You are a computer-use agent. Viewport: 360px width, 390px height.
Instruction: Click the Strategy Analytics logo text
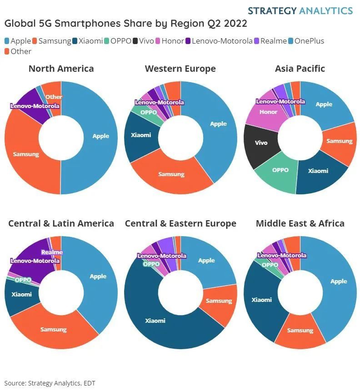pos(300,10)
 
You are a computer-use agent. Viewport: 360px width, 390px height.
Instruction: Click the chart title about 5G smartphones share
pos(126,24)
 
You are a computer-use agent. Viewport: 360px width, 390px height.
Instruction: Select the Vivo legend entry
pos(143,41)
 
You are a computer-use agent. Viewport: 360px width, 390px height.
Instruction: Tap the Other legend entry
pos(18,51)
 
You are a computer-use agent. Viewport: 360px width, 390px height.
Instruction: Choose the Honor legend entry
pos(169,41)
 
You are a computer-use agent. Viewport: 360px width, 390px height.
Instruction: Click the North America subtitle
pos(61,69)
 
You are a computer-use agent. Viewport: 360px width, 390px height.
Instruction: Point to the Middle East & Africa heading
pos(300,223)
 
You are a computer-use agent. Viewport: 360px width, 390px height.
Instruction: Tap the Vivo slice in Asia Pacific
pos(261,143)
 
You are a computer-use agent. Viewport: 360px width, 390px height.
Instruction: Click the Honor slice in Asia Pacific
pos(268,112)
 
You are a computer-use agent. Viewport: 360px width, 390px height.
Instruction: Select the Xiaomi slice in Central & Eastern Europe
pos(155,321)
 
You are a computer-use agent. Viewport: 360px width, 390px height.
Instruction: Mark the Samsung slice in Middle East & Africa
pos(300,331)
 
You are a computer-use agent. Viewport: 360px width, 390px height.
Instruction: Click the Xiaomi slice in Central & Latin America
pos(21,294)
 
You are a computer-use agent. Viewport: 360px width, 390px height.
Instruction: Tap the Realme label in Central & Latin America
pos(51,252)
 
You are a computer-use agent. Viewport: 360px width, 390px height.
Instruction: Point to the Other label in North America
pos(54,97)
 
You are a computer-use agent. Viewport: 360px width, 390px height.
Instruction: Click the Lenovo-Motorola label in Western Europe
pos(159,103)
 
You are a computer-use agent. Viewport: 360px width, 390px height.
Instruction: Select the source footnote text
pos(50,383)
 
